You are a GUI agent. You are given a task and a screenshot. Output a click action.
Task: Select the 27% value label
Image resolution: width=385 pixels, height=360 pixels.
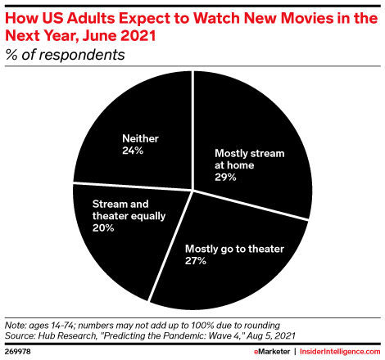(x=196, y=260)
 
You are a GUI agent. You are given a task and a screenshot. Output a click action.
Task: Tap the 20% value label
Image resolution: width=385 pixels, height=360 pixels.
(x=103, y=229)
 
